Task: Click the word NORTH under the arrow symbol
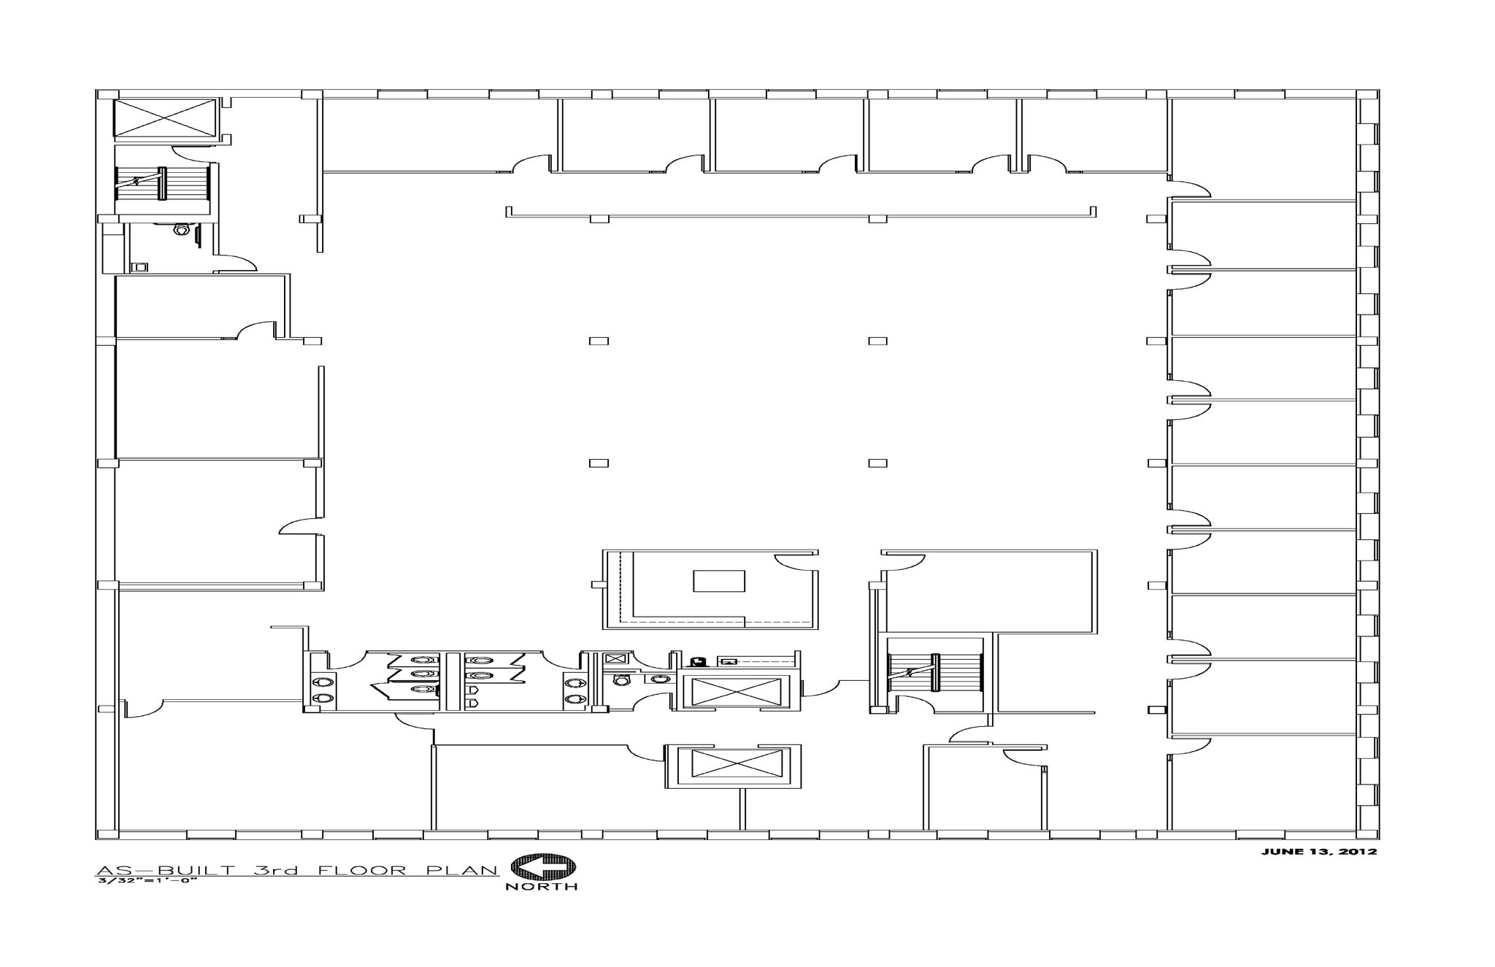(542, 886)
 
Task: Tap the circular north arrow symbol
(542, 867)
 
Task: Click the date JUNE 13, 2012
(1319, 852)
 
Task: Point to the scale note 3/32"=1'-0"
(147, 880)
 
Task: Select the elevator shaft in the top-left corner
(166, 117)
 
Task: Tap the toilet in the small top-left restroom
(181, 230)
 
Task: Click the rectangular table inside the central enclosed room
(719, 581)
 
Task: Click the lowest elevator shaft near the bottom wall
(732, 766)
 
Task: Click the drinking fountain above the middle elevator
(698, 661)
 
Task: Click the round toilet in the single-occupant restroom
(621, 679)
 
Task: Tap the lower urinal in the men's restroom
(472, 704)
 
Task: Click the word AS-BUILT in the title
(166, 870)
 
